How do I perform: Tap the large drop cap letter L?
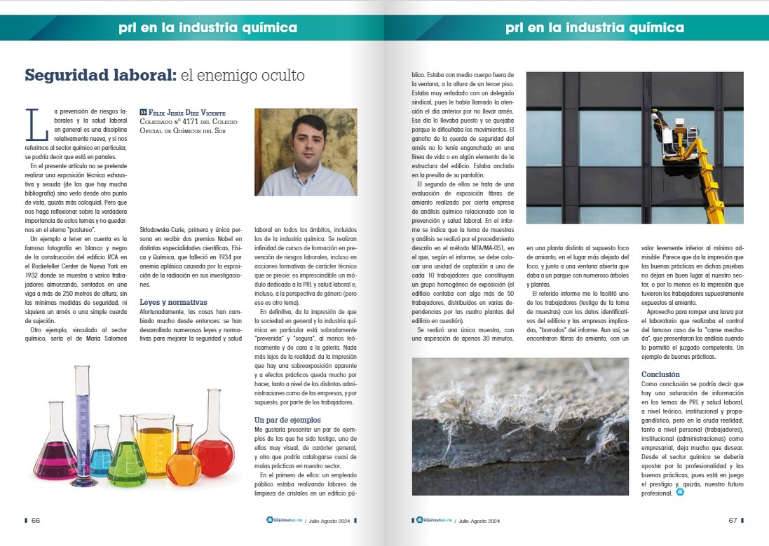(32, 125)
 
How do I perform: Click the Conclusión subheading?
(660, 374)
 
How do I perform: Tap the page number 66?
(36, 520)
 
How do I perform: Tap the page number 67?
(733, 520)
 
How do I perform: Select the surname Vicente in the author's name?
(209, 112)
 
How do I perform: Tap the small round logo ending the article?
(679, 492)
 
